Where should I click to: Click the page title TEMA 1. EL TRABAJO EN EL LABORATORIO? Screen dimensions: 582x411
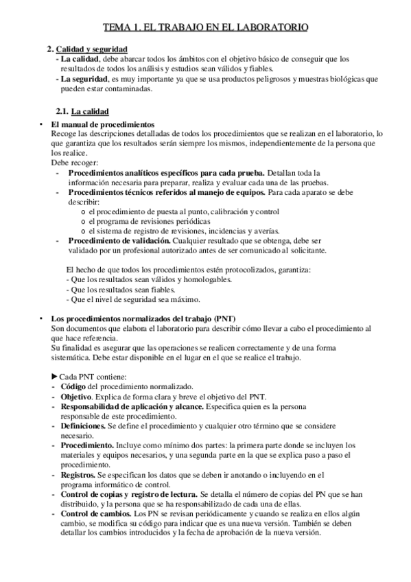coord(205,28)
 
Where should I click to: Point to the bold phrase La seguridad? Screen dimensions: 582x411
coord(83,78)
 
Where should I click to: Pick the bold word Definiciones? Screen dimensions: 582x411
coord(82,426)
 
